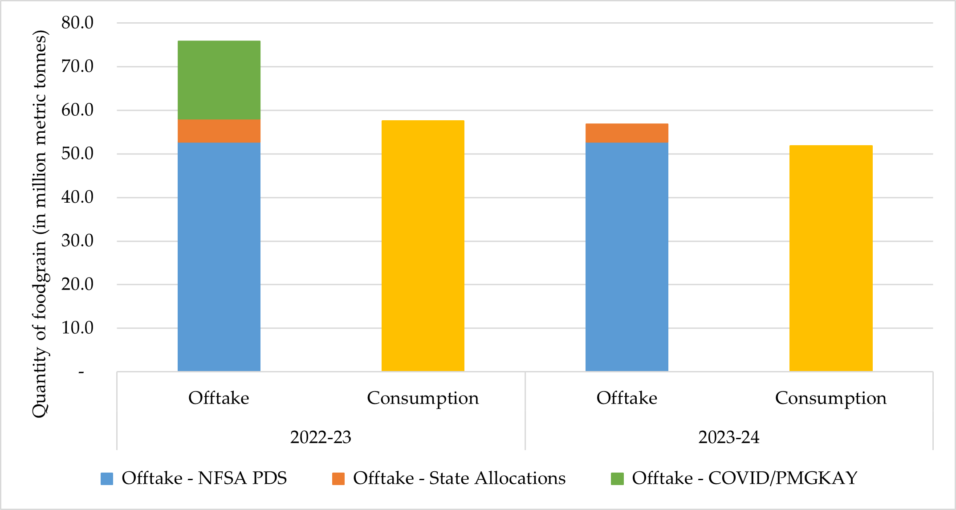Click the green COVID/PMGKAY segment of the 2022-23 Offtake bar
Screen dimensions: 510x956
tap(219, 80)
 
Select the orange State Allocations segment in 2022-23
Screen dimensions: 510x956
tap(219, 131)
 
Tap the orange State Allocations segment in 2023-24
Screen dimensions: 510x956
tap(626, 133)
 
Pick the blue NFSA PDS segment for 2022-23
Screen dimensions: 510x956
tap(219, 257)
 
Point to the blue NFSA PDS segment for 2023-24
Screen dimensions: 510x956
tap(626, 257)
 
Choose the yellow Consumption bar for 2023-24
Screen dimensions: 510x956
tap(830, 258)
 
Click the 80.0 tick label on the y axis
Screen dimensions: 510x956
tap(77, 23)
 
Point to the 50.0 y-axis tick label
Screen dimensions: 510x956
tap(77, 154)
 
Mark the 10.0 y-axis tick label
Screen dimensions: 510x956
tap(77, 328)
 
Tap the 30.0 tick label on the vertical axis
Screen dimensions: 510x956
tap(77, 241)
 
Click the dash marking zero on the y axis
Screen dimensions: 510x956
tap(81, 372)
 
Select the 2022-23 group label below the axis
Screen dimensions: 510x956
tap(321, 437)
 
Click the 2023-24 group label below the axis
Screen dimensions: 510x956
tap(728, 437)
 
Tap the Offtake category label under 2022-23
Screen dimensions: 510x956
tap(219, 398)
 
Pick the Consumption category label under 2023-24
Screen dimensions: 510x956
tap(830, 398)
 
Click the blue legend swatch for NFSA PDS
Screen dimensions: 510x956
tap(107, 479)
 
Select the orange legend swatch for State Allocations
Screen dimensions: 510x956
tap(338, 479)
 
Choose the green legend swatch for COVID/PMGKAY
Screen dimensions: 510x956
tap(617, 479)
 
